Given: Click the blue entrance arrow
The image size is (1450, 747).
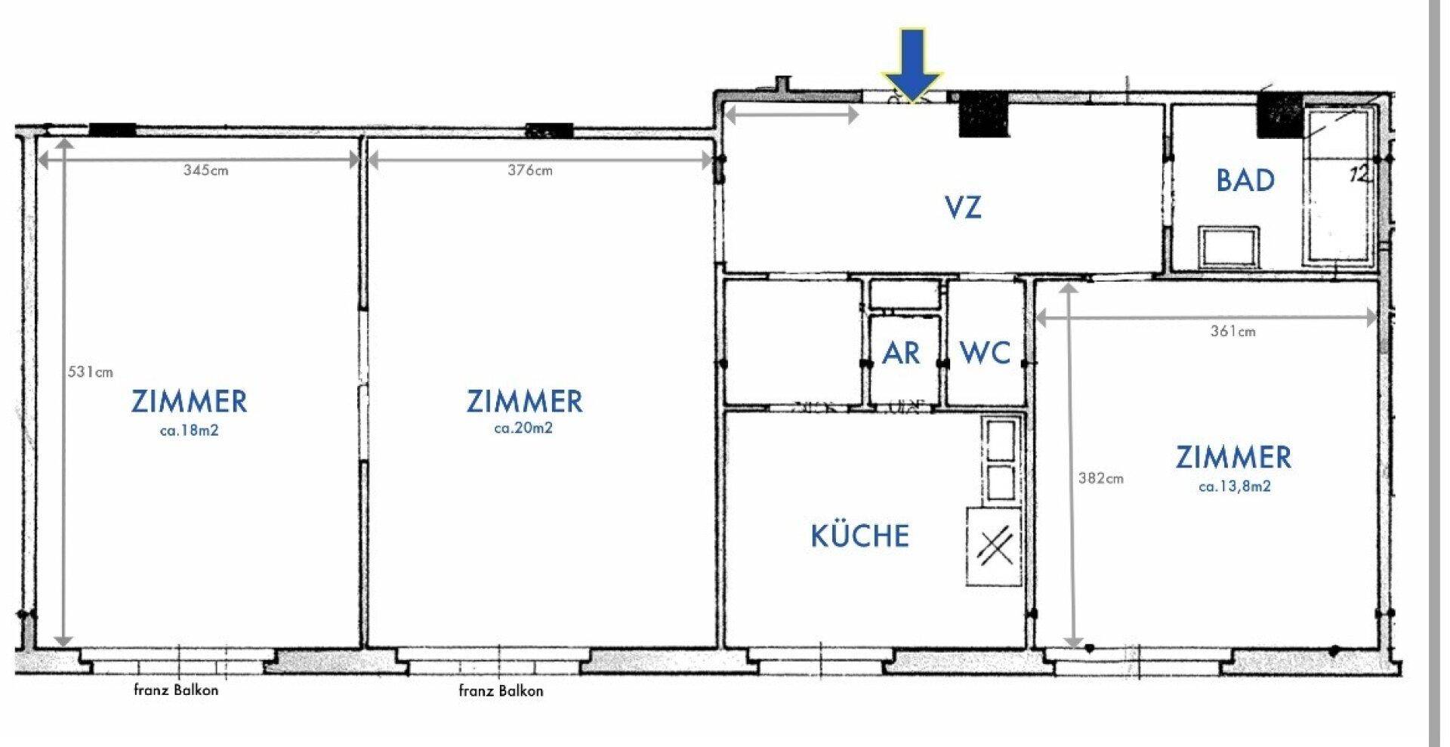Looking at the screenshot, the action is [912, 64].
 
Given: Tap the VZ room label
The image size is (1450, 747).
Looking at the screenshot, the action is [963, 207].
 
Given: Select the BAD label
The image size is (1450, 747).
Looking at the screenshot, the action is [1245, 180].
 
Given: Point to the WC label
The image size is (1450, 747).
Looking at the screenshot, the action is [985, 353].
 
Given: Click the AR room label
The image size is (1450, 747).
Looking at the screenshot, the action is [901, 353].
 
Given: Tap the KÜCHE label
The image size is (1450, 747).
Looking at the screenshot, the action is [859, 535].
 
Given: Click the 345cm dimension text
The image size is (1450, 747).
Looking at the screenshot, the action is [205, 171].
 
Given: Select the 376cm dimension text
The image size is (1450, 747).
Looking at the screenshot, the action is [529, 171].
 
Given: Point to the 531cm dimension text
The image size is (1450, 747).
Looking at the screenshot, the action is [90, 372].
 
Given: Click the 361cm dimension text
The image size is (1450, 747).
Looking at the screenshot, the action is [1232, 331].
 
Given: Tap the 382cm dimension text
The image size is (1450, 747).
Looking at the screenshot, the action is [1100, 478].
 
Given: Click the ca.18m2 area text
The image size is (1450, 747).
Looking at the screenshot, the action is [189, 431].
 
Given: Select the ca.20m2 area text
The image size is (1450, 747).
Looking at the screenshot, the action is [523, 428].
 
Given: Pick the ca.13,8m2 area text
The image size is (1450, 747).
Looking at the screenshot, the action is [1234, 486].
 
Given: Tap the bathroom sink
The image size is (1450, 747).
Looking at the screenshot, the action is [1229, 247].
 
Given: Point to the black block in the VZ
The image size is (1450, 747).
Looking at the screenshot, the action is [984, 114].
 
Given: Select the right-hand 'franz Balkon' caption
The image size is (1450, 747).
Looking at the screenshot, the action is [501, 690].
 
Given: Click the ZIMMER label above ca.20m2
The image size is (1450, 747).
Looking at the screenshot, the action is [524, 401].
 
